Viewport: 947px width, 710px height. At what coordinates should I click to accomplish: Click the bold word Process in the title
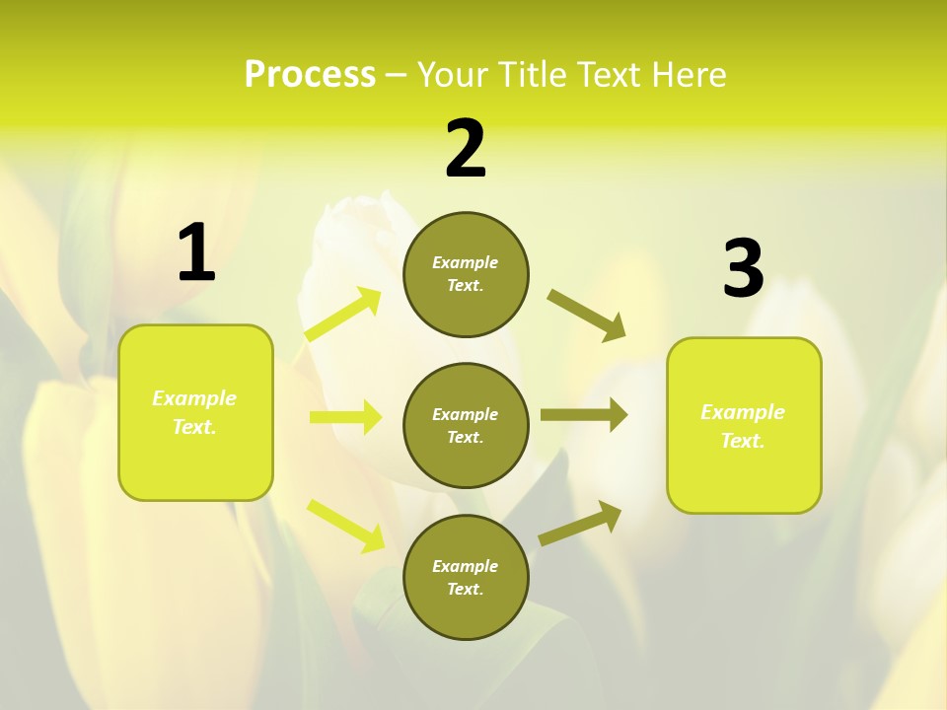click(310, 74)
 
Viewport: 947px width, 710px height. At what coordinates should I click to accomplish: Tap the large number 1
click(196, 252)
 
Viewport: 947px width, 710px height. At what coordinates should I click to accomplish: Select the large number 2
click(466, 150)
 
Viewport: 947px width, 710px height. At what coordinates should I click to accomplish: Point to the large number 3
click(743, 269)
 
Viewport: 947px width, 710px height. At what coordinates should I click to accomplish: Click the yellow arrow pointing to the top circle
click(343, 315)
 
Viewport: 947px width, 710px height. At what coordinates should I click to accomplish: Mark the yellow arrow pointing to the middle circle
click(345, 417)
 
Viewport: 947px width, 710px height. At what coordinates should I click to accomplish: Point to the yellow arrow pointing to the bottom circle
click(345, 525)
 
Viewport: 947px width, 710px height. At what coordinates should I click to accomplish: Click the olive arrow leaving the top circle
click(586, 315)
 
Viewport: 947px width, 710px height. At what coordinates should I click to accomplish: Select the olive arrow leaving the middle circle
click(583, 415)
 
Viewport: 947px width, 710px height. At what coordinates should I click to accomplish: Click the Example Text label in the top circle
click(466, 274)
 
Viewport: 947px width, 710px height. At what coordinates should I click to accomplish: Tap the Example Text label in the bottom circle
click(466, 578)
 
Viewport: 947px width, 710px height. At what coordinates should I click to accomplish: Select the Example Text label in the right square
click(743, 426)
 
